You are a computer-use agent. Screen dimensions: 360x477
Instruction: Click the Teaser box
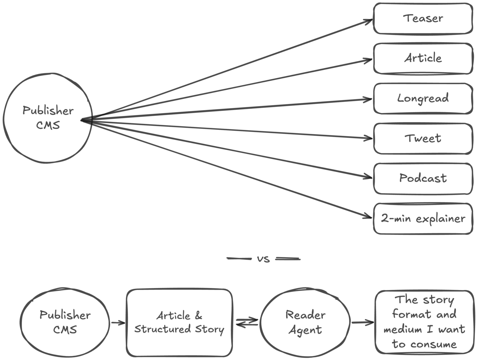coord(423,19)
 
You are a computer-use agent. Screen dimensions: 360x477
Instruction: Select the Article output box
coord(423,59)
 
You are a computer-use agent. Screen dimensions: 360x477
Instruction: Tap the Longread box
coord(423,98)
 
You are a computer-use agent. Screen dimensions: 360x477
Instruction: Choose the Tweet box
coord(423,139)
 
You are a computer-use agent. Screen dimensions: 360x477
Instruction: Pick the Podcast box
coord(423,178)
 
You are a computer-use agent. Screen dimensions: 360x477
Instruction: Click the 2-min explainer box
coord(423,219)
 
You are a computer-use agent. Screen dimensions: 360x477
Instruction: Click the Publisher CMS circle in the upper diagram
coord(48,118)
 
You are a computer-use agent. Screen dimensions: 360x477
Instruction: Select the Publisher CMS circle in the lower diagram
coord(65,322)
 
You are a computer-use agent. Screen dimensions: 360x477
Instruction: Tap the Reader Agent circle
coord(305,322)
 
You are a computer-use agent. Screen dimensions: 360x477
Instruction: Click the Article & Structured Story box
coord(179,322)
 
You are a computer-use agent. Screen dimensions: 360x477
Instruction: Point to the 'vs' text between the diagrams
coord(263,259)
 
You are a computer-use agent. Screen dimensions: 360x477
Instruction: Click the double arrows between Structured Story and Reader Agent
coord(247,323)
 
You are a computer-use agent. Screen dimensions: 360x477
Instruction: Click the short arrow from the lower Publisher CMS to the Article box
coord(118,323)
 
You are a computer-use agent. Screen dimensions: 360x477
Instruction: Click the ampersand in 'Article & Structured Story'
coord(198,315)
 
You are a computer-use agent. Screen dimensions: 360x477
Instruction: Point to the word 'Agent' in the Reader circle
coord(305,330)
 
